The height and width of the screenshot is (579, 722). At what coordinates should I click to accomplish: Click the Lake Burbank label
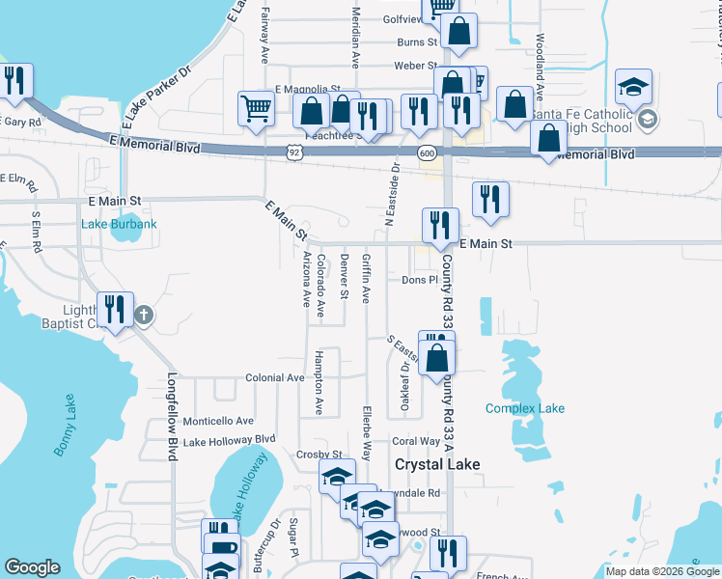120,225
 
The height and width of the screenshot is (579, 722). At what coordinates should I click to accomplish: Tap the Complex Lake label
524,408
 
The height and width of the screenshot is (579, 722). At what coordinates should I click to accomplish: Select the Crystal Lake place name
437,464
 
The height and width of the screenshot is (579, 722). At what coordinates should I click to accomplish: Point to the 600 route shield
426,152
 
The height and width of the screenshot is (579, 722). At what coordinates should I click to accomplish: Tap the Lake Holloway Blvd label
229,441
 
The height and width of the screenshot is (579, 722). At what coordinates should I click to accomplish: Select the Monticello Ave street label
218,421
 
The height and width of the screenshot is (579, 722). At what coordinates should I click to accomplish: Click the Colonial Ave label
274,378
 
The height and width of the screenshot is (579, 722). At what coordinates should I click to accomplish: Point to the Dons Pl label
420,280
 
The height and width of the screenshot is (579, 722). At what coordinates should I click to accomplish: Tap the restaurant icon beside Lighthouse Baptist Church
116,310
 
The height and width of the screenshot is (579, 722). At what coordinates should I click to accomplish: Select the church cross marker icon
144,314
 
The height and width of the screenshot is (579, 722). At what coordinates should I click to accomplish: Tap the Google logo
33,567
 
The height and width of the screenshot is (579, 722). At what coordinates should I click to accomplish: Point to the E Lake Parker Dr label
157,98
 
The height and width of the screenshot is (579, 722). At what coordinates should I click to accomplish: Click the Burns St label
417,42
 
